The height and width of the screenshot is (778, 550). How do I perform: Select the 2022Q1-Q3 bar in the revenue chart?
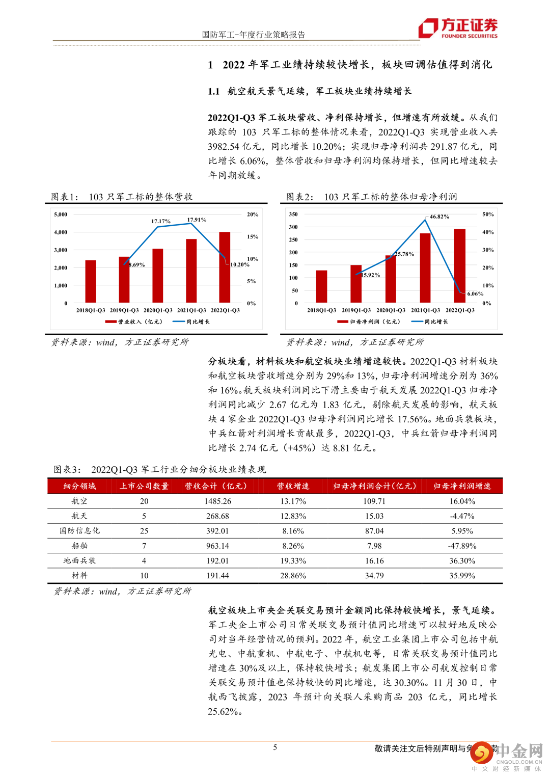pyautogui.click(x=225, y=267)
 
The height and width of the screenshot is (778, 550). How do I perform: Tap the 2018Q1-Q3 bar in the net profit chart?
pyautogui.click(x=321, y=286)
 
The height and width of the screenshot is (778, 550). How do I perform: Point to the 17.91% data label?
pyautogui.click(x=197, y=220)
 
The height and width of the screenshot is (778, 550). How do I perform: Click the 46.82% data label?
pyautogui.click(x=439, y=217)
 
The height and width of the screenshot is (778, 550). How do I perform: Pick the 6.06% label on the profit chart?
pyautogui.click(x=475, y=294)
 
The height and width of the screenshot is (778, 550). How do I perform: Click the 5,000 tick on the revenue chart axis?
pyautogui.click(x=61, y=214)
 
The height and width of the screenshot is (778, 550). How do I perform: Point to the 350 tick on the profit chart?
pyautogui.click(x=293, y=214)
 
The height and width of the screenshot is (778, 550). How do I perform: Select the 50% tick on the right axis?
pyautogui.click(x=488, y=214)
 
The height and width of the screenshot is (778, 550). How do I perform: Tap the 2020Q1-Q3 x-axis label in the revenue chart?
pyautogui.click(x=158, y=310)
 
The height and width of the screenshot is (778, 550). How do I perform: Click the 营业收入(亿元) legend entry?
pyautogui.click(x=133, y=322)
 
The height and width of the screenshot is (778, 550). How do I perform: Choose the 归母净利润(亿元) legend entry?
pyautogui.click(x=369, y=322)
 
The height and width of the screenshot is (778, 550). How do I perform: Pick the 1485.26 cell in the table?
pyautogui.click(x=217, y=501)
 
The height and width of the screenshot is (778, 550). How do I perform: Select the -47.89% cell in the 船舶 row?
pyautogui.click(x=462, y=546)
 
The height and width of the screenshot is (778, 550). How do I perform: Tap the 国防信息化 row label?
pyautogui.click(x=79, y=531)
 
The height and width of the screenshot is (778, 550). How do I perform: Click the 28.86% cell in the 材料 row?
pyautogui.click(x=293, y=576)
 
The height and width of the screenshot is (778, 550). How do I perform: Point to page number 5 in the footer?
pyautogui.click(x=275, y=747)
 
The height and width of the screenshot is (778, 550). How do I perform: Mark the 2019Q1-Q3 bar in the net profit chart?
pyautogui.click(x=356, y=284)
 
